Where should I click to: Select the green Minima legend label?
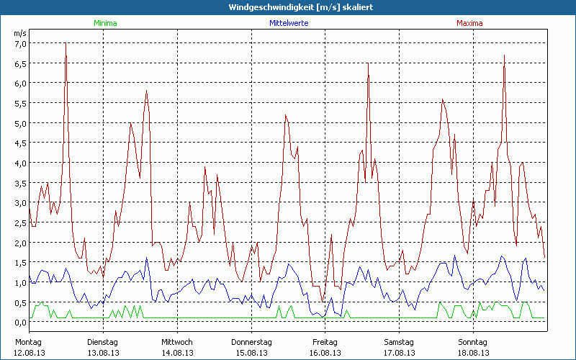(x=105, y=23)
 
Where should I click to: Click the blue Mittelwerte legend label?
(x=289, y=23)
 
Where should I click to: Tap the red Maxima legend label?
(x=469, y=23)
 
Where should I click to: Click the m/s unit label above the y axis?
(x=19, y=33)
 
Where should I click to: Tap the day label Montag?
(x=28, y=342)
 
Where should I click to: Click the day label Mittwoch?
(x=176, y=342)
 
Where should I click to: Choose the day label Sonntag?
(x=472, y=342)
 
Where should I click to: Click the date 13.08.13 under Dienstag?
(x=103, y=353)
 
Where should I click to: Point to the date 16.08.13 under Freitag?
(x=325, y=353)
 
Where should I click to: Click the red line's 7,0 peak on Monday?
(x=66, y=43)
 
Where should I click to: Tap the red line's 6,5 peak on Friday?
(x=368, y=63)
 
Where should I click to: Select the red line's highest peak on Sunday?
(x=504, y=55)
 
